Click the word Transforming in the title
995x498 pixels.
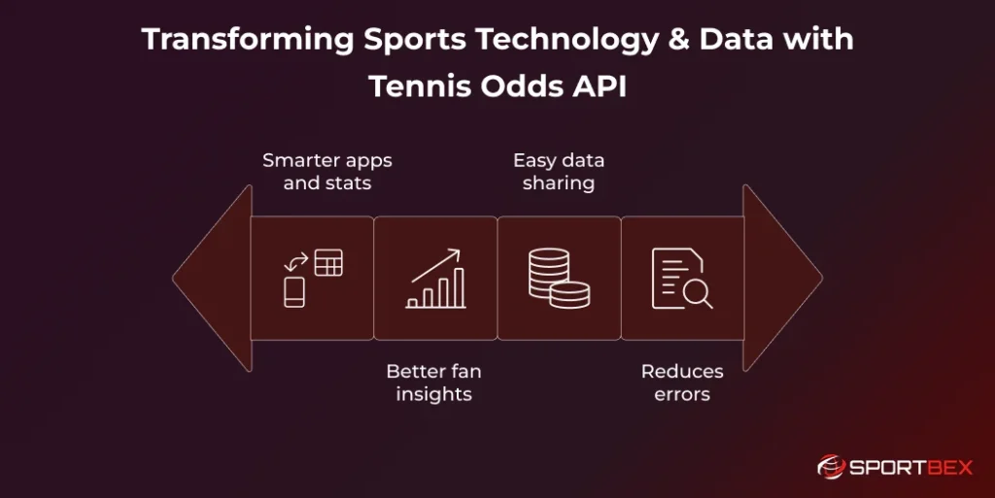(248, 40)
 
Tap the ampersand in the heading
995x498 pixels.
(679, 39)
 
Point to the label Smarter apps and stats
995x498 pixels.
(326, 172)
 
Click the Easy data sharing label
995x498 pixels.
(559, 172)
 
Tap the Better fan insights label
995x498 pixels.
(434, 382)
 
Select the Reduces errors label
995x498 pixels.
(682, 382)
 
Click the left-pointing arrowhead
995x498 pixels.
(213, 279)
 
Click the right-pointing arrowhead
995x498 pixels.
(782, 279)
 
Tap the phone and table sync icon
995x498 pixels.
(313, 279)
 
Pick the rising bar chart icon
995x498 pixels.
(436, 279)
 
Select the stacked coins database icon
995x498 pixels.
(559, 279)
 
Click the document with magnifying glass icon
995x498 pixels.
(682, 279)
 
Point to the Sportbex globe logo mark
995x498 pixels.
(831, 468)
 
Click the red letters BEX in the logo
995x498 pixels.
(949, 468)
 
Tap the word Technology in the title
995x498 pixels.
(567, 40)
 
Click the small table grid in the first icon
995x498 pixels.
(328, 262)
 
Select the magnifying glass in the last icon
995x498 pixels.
(698, 294)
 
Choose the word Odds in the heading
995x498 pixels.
(522, 86)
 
